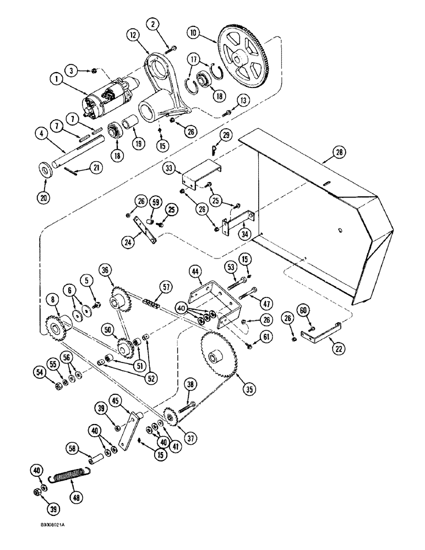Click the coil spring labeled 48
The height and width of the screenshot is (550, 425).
click(x=73, y=476)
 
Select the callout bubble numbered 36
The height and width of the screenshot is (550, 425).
click(x=105, y=269)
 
